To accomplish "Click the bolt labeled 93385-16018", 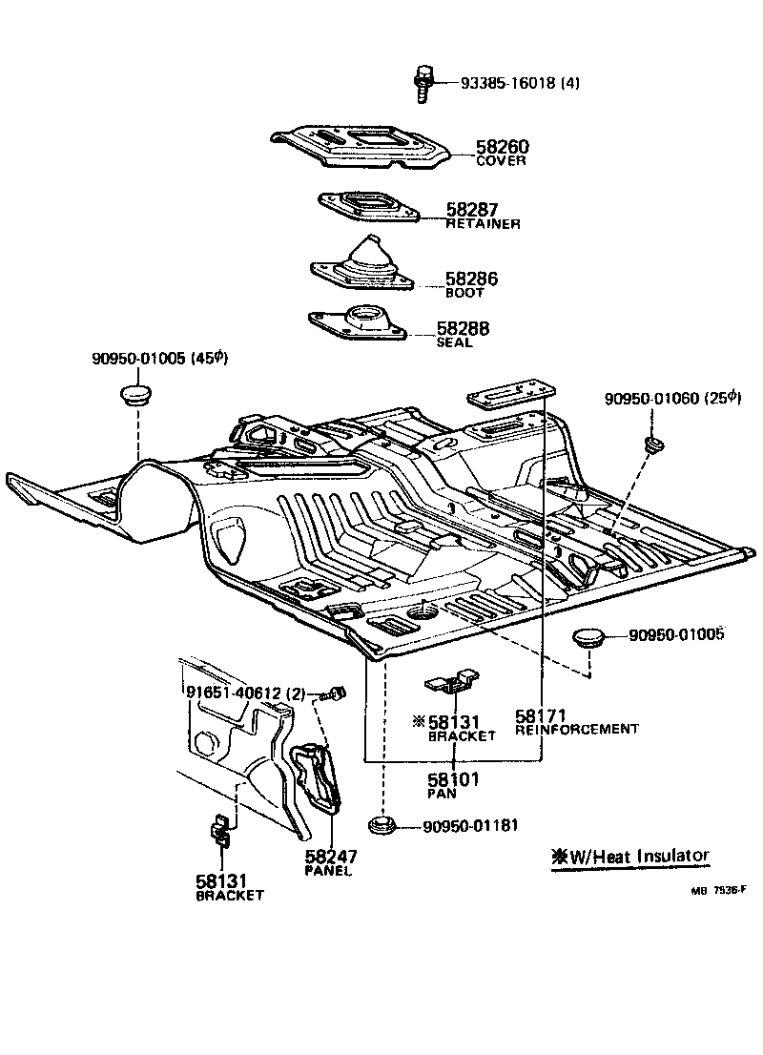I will tap(423, 83).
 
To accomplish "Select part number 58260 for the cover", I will tap(502, 147).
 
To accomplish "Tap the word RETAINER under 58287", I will tap(483, 224).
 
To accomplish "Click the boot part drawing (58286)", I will tap(363, 263).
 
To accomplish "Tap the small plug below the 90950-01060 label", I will tap(654, 445).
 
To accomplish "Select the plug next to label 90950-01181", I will tap(383, 825).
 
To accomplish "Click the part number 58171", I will tap(541, 714).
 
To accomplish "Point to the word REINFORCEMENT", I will tap(576, 729).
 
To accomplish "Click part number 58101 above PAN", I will tap(453, 778).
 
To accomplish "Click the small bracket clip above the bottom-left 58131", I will tap(219, 832).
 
